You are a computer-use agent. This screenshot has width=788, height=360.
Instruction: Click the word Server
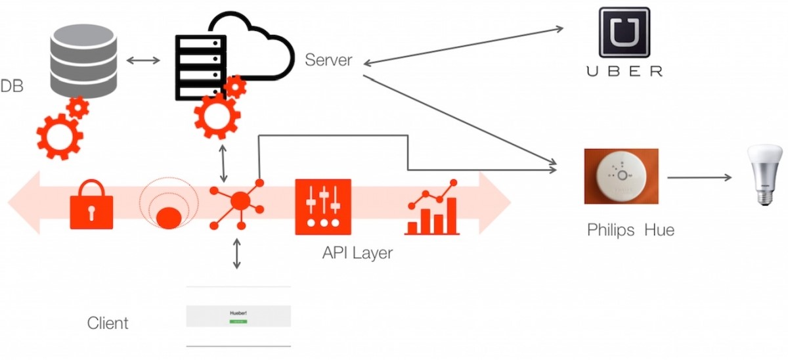pos(328,60)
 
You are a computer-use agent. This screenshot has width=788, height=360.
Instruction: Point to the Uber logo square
pos(624,32)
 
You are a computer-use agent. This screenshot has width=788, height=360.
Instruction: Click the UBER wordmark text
pos(624,71)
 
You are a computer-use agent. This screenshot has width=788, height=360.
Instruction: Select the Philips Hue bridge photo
pos(621,175)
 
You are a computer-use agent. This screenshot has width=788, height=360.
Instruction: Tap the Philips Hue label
pos(630,231)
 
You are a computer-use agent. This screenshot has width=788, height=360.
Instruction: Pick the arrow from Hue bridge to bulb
pos(700,177)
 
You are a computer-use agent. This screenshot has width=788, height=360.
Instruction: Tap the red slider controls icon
pos(323,207)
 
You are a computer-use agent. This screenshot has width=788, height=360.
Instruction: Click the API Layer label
pos(357,253)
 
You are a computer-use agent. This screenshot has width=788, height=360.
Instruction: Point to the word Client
pos(108,323)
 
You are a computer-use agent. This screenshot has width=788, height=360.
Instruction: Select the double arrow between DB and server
pos(143,61)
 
